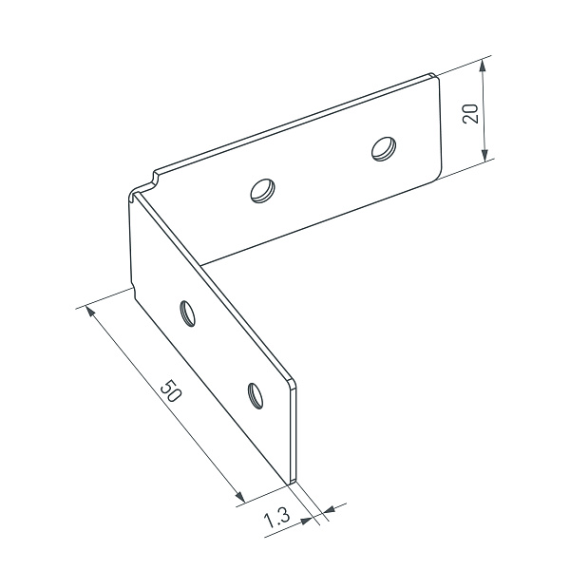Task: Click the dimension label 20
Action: [470, 113]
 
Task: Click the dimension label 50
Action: [170, 391]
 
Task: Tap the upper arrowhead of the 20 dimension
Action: [483, 66]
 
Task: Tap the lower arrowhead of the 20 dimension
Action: [484, 155]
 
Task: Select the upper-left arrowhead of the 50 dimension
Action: [90, 312]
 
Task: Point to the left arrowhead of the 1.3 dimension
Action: [306, 521]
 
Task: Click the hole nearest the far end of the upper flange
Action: [384, 148]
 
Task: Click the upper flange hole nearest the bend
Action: [262, 191]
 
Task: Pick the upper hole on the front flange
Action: [187, 313]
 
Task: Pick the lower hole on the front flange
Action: [256, 395]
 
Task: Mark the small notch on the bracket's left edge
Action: [133, 292]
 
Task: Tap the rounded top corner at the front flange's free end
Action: [293, 383]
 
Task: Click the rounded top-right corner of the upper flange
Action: [435, 76]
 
